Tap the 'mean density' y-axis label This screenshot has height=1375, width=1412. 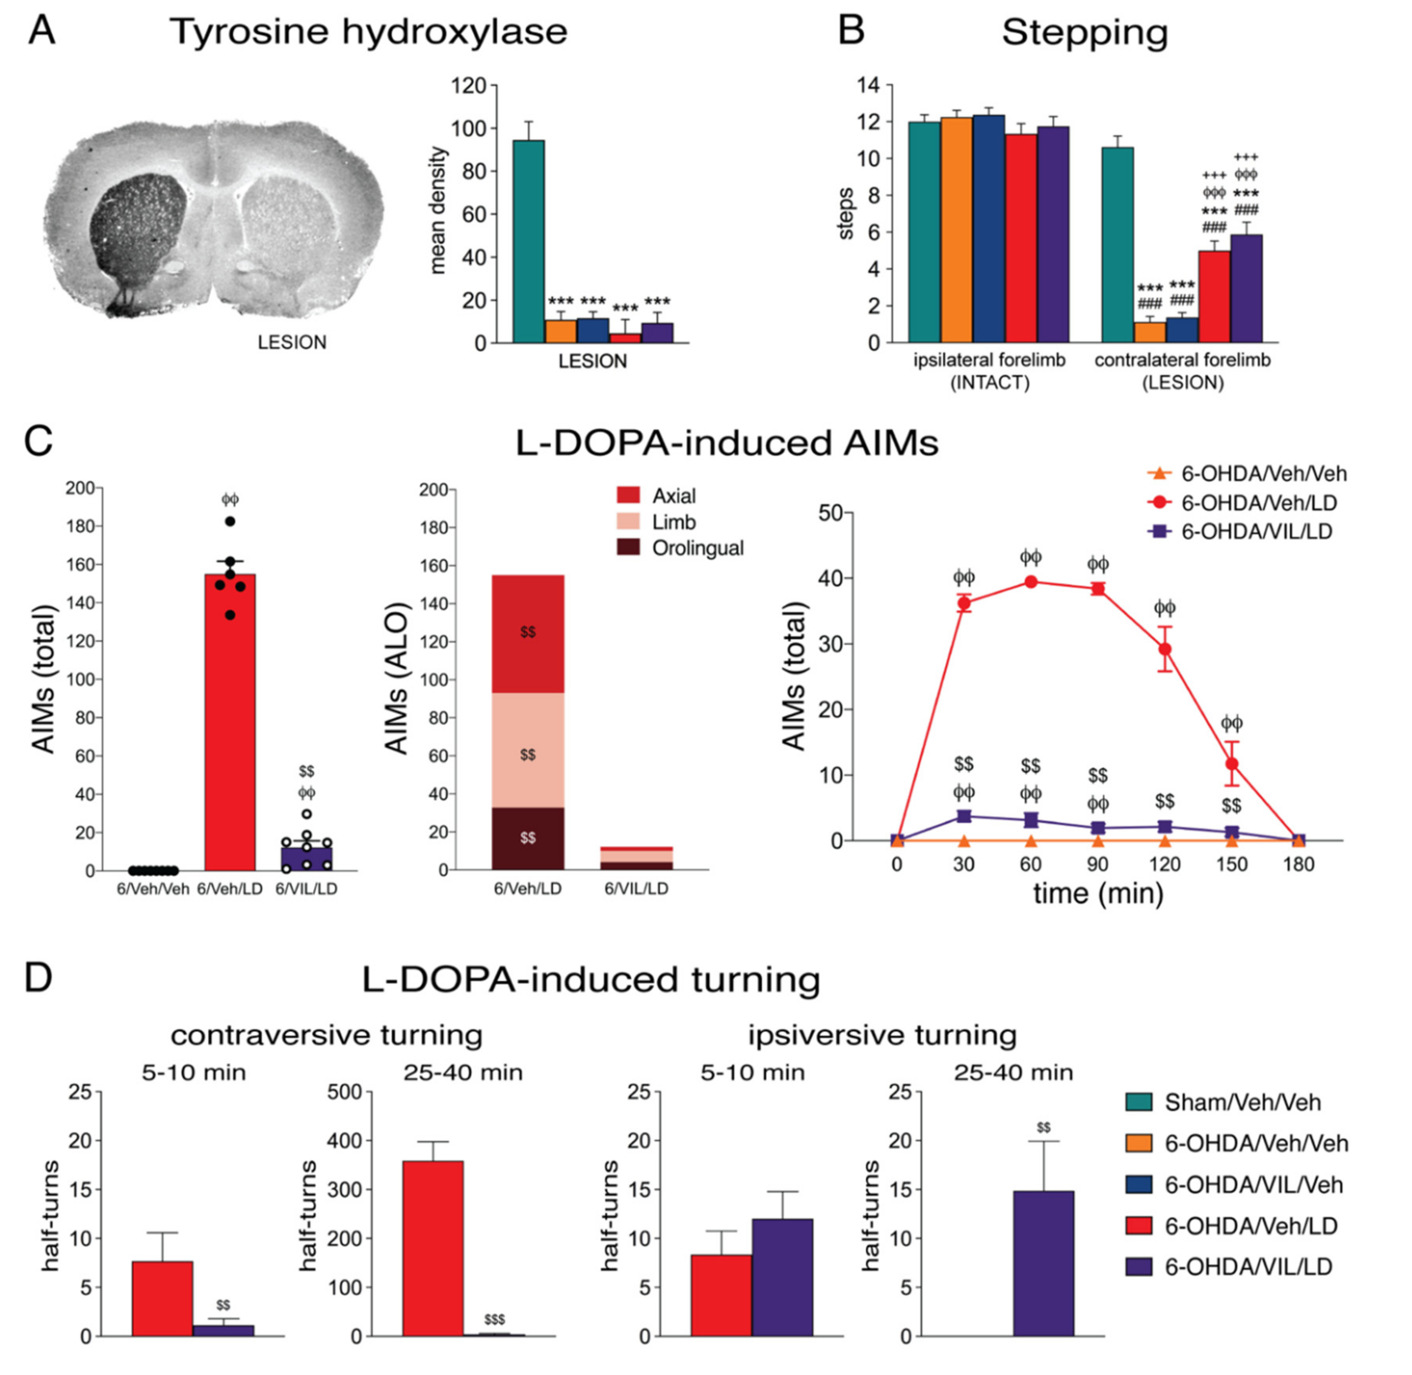(438, 210)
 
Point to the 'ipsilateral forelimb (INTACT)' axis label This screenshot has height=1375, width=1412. (989, 370)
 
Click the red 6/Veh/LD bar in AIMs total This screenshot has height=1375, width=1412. (230, 722)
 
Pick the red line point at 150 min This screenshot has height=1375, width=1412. (1231, 763)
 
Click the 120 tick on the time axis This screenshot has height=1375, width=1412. (1164, 865)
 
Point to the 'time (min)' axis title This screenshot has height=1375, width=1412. (1098, 894)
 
